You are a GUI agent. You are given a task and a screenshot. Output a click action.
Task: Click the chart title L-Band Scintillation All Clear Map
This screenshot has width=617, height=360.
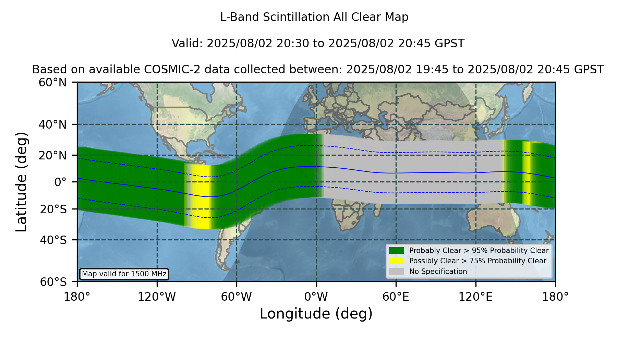pyautogui.click(x=314, y=17)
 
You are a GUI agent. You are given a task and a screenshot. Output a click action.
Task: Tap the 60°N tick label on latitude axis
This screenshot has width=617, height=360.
pyautogui.click(x=53, y=83)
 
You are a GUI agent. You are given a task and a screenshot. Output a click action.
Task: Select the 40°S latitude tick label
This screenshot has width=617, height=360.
pyautogui.click(x=53, y=240)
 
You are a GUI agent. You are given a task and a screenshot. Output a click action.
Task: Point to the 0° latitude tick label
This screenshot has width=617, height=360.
pyautogui.click(x=60, y=182)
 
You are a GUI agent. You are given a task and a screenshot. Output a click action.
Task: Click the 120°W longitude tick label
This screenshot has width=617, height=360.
pyautogui.click(x=157, y=297)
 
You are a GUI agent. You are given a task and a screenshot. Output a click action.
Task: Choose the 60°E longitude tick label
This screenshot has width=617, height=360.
pyautogui.click(x=396, y=297)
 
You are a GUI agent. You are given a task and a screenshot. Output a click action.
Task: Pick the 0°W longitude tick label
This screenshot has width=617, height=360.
pyautogui.click(x=316, y=297)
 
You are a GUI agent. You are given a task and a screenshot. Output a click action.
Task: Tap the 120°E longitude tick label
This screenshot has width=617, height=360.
pyautogui.click(x=475, y=297)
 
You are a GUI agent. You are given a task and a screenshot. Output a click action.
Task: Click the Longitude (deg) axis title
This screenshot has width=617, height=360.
pyautogui.click(x=316, y=314)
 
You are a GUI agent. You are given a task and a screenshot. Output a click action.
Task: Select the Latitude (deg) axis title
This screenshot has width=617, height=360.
pyautogui.click(x=21, y=182)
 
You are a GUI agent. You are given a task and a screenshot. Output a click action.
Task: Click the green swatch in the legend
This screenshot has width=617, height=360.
pyautogui.click(x=396, y=251)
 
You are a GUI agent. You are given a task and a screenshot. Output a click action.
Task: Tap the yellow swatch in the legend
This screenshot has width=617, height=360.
pyautogui.click(x=396, y=261)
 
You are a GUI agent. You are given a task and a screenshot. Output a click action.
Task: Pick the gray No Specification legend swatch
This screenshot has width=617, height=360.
pyautogui.click(x=396, y=272)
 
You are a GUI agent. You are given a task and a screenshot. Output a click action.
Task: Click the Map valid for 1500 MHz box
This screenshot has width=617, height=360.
pyautogui.click(x=124, y=274)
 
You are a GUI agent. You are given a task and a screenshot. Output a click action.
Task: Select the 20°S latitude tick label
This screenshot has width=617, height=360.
pyautogui.click(x=53, y=209)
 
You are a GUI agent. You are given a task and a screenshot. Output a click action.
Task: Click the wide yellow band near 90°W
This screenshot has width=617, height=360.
pyautogui.click(x=198, y=196)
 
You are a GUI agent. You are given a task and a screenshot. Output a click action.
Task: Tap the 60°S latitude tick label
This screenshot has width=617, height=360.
pyautogui.click(x=53, y=282)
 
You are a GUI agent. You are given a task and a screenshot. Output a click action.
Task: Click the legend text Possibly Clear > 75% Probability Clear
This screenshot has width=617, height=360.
pyautogui.click(x=477, y=261)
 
